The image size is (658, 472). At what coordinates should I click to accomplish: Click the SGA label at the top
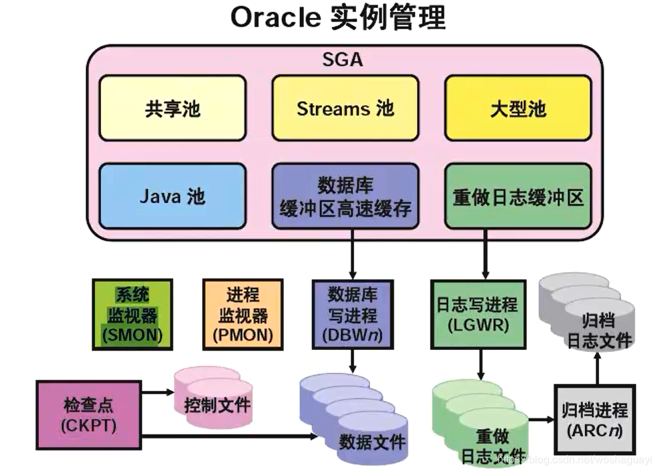(343, 59)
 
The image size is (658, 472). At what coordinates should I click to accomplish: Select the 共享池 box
(173, 108)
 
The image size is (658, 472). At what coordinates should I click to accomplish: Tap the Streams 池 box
(345, 108)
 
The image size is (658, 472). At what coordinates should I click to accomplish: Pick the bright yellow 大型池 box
(518, 108)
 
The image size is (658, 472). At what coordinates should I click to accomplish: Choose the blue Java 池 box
(173, 196)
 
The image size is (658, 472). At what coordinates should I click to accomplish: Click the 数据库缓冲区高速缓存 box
(345, 196)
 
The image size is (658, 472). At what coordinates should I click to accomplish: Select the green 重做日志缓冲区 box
(518, 196)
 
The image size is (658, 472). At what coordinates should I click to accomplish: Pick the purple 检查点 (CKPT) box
(88, 415)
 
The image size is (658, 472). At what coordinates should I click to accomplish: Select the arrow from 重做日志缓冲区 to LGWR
(485, 258)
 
